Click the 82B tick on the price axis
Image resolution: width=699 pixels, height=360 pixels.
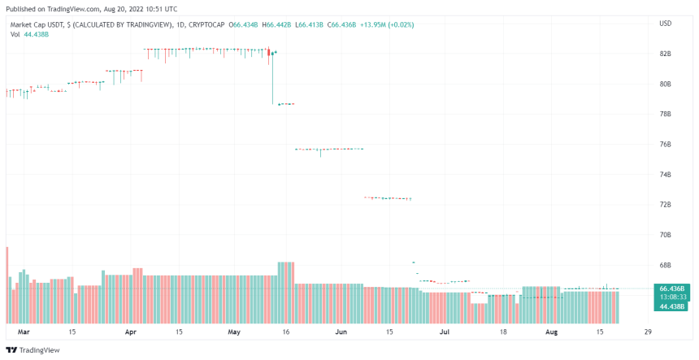point(665,54)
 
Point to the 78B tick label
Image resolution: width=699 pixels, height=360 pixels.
point(665,114)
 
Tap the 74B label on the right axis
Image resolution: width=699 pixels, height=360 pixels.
point(665,175)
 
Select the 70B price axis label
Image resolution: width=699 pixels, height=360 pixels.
point(665,235)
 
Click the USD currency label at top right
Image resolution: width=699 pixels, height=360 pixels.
point(665,23)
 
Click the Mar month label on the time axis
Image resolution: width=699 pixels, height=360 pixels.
point(24,332)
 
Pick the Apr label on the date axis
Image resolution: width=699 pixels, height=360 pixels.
point(131,332)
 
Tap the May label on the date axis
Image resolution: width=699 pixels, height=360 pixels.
point(235,332)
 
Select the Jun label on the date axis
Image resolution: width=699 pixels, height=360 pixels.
point(341,332)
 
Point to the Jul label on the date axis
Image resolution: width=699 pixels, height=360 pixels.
point(445,332)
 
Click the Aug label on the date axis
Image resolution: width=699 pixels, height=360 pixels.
point(551,332)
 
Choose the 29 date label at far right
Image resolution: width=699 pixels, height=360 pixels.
point(647,332)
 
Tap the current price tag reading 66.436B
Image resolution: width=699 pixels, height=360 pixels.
point(671,288)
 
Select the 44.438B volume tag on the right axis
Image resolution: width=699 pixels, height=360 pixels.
point(671,306)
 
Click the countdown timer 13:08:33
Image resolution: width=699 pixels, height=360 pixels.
point(671,297)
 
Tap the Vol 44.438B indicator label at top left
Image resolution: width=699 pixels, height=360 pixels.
point(28,34)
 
